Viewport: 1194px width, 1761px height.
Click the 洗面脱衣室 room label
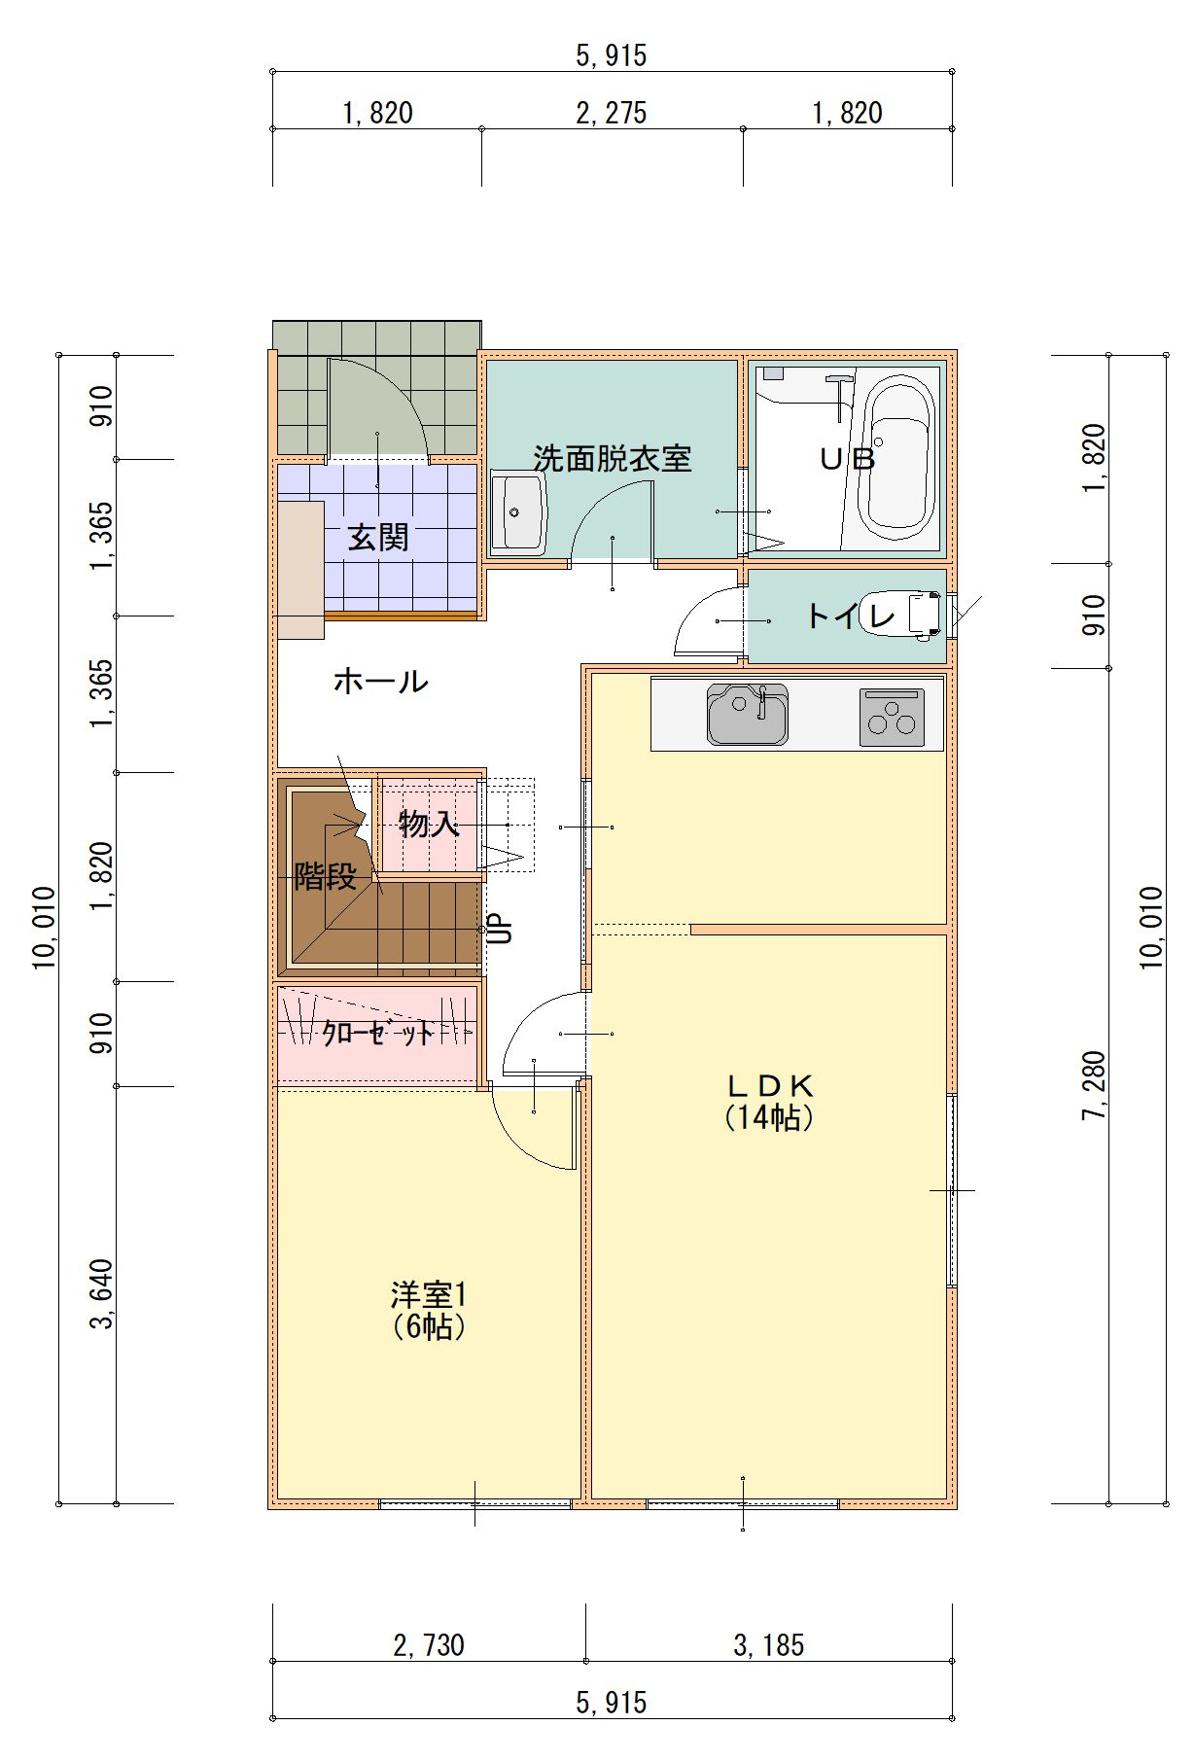(x=612, y=458)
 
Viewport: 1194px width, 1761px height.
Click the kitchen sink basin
(x=747, y=715)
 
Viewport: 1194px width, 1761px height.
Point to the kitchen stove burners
(x=892, y=717)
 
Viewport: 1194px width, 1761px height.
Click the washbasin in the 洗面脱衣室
(x=518, y=512)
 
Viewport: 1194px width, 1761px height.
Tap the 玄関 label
(x=378, y=538)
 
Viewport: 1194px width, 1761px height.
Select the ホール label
(x=380, y=681)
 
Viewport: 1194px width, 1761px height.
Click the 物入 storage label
(x=429, y=824)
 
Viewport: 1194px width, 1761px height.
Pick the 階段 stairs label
(x=326, y=876)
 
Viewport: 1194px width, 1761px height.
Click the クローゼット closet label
(x=378, y=1033)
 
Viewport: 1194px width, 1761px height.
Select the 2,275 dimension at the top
(x=612, y=114)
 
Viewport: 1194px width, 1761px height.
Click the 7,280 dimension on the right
(x=1095, y=1085)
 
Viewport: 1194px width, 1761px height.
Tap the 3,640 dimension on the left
(x=101, y=1294)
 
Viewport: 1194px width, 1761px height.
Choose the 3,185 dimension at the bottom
(x=769, y=1645)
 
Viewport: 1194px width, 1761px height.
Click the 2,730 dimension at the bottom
(x=429, y=1645)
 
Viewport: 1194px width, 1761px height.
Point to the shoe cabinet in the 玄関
(x=300, y=570)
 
